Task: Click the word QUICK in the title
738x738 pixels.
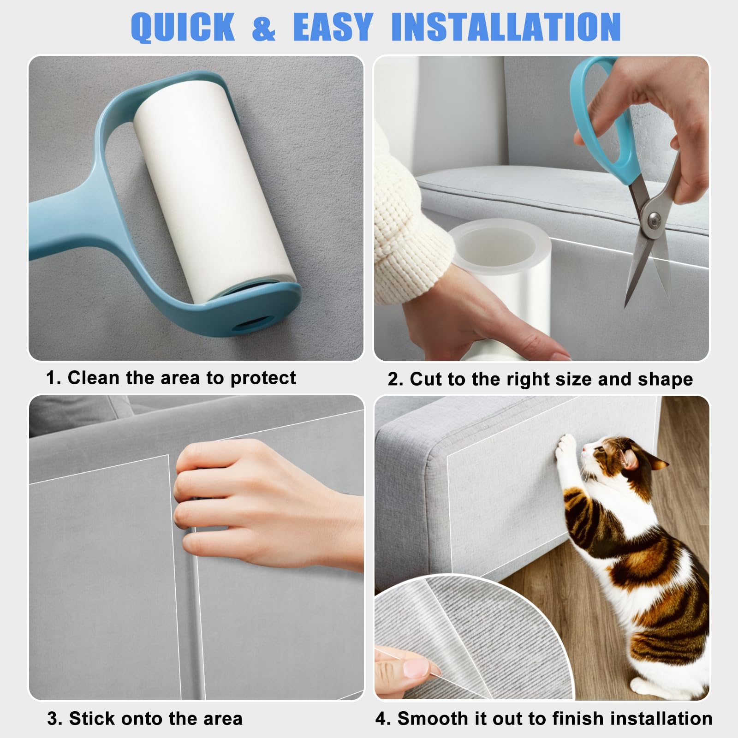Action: (183, 27)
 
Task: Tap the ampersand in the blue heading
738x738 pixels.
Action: (264, 27)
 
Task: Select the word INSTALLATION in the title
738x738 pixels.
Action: (506, 27)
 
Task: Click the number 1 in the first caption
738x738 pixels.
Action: (52, 378)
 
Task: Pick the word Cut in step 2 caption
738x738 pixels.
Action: (426, 379)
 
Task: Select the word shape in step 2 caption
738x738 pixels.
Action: (665, 380)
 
